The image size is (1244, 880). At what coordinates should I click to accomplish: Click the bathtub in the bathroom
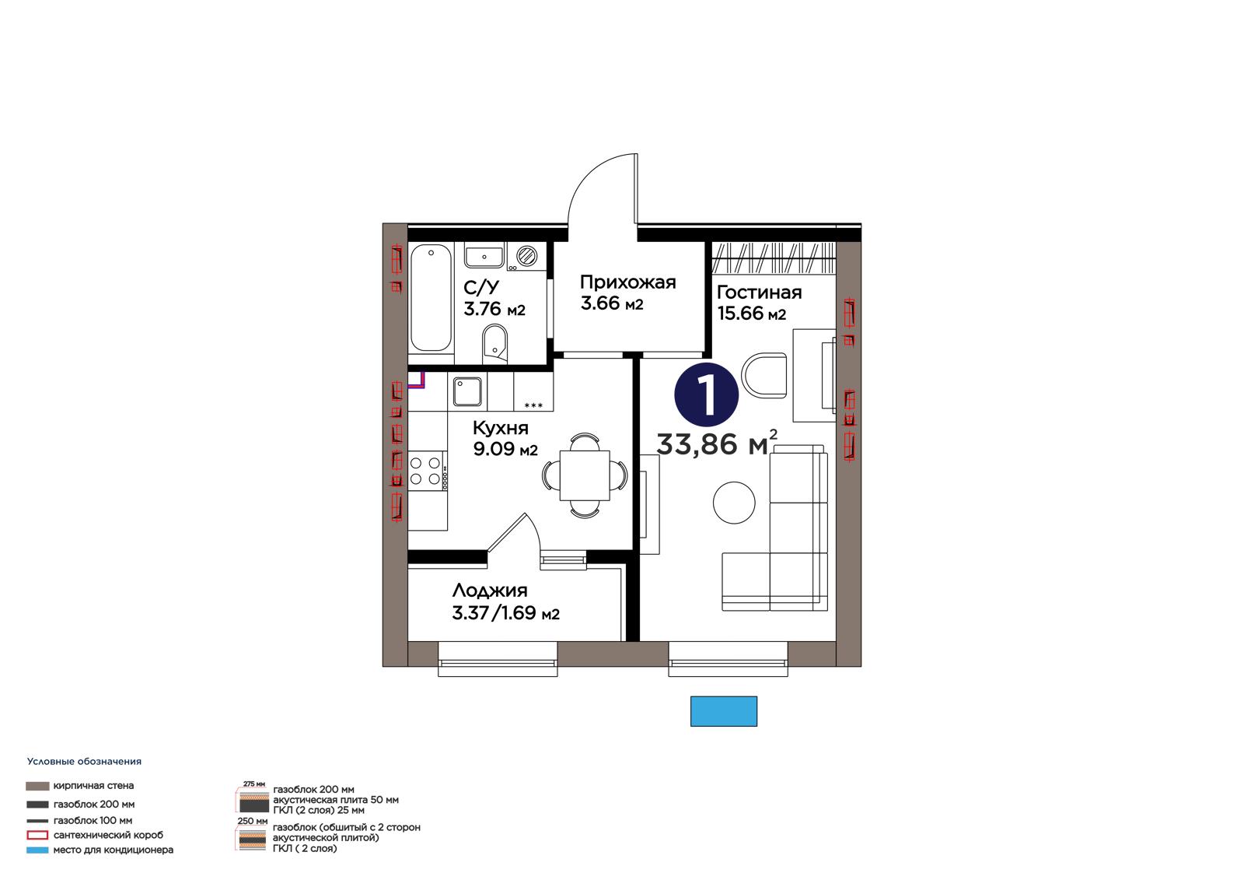coord(431,297)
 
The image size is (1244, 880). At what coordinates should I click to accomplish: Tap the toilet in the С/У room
coord(494,345)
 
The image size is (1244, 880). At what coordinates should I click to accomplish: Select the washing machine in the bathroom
coord(526,256)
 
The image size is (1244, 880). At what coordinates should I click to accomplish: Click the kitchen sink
coord(467,392)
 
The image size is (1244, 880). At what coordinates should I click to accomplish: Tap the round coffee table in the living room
coord(734,503)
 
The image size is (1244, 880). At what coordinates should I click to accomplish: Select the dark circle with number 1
coord(707,394)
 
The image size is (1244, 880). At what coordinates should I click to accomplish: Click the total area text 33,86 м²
coord(717,443)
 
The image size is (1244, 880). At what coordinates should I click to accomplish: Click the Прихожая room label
coord(627,282)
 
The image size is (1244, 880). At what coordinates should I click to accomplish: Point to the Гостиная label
coord(759,292)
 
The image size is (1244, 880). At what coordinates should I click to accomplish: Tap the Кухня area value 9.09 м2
coord(505,449)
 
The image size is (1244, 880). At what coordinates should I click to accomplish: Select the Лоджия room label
coord(489,591)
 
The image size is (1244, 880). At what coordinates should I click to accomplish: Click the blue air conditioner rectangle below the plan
coord(724,711)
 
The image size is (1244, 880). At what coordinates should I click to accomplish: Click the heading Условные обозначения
coord(84,762)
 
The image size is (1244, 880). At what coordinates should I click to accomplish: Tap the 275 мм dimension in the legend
coord(253,784)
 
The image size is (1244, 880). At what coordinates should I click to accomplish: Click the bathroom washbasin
coord(484,257)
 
